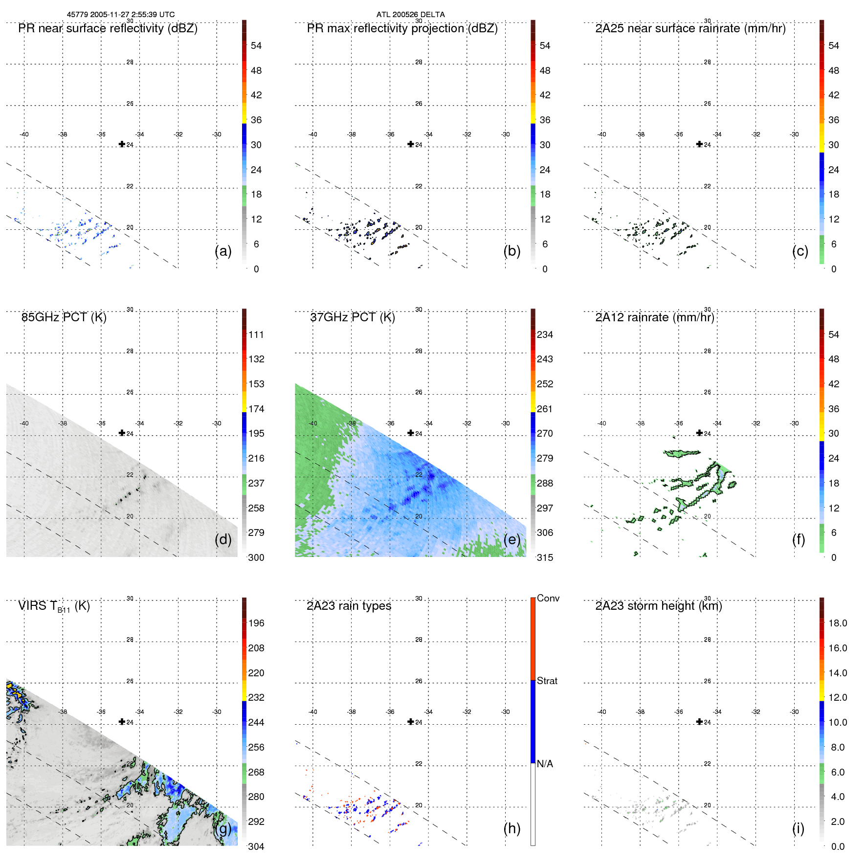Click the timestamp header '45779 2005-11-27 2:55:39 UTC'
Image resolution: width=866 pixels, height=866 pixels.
click(x=121, y=15)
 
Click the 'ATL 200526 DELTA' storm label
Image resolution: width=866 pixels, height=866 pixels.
click(x=410, y=15)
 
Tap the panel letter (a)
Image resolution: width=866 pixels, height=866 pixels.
click(x=223, y=251)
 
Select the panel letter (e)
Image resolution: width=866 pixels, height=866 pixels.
click(x=511, y=539)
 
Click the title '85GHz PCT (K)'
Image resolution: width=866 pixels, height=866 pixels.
click(x=64, y=317)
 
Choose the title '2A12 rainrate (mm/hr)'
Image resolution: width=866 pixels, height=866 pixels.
click(x=655, y=317)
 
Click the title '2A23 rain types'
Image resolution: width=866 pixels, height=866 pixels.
click(x=349, y=606)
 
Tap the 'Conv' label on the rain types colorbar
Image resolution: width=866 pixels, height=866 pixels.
click(x=548, y=598)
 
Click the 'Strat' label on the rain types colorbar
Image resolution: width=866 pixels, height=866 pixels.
click(x=547, y=681)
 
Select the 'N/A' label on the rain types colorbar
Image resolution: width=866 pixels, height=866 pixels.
click(x=545, y=764)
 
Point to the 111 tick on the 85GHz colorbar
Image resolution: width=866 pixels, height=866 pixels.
click(x=256, y=334)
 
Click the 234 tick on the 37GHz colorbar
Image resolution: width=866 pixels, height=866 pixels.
click(x=545, y=334)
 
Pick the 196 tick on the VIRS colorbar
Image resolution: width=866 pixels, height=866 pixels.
click(x=256, y=623)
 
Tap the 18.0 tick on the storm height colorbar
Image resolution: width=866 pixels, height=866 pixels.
click(x=837, y=623)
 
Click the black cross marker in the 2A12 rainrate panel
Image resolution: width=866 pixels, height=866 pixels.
click(x=699, y=433)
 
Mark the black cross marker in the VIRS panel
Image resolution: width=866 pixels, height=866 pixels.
click(x=122, y=721)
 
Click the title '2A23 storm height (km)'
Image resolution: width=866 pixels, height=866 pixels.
click(x=659, y=606)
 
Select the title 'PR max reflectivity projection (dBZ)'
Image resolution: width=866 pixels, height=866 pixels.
click(x=402, y=28)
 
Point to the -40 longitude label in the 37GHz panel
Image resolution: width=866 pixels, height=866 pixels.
click(x=313, y=423)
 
